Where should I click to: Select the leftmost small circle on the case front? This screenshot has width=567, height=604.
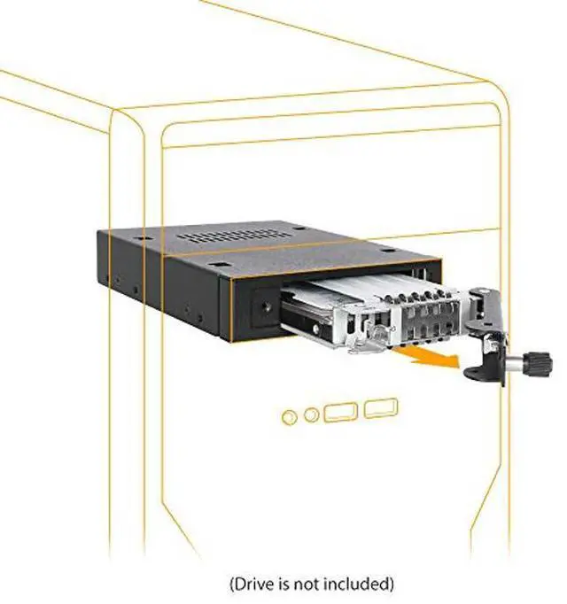(x=288, y=416)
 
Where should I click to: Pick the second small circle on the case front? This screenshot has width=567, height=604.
(x=311, y=414)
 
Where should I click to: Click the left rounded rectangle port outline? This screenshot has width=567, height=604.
(x=341, y=412)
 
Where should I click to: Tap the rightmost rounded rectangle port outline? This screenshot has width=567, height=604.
(x=380, y=407)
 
